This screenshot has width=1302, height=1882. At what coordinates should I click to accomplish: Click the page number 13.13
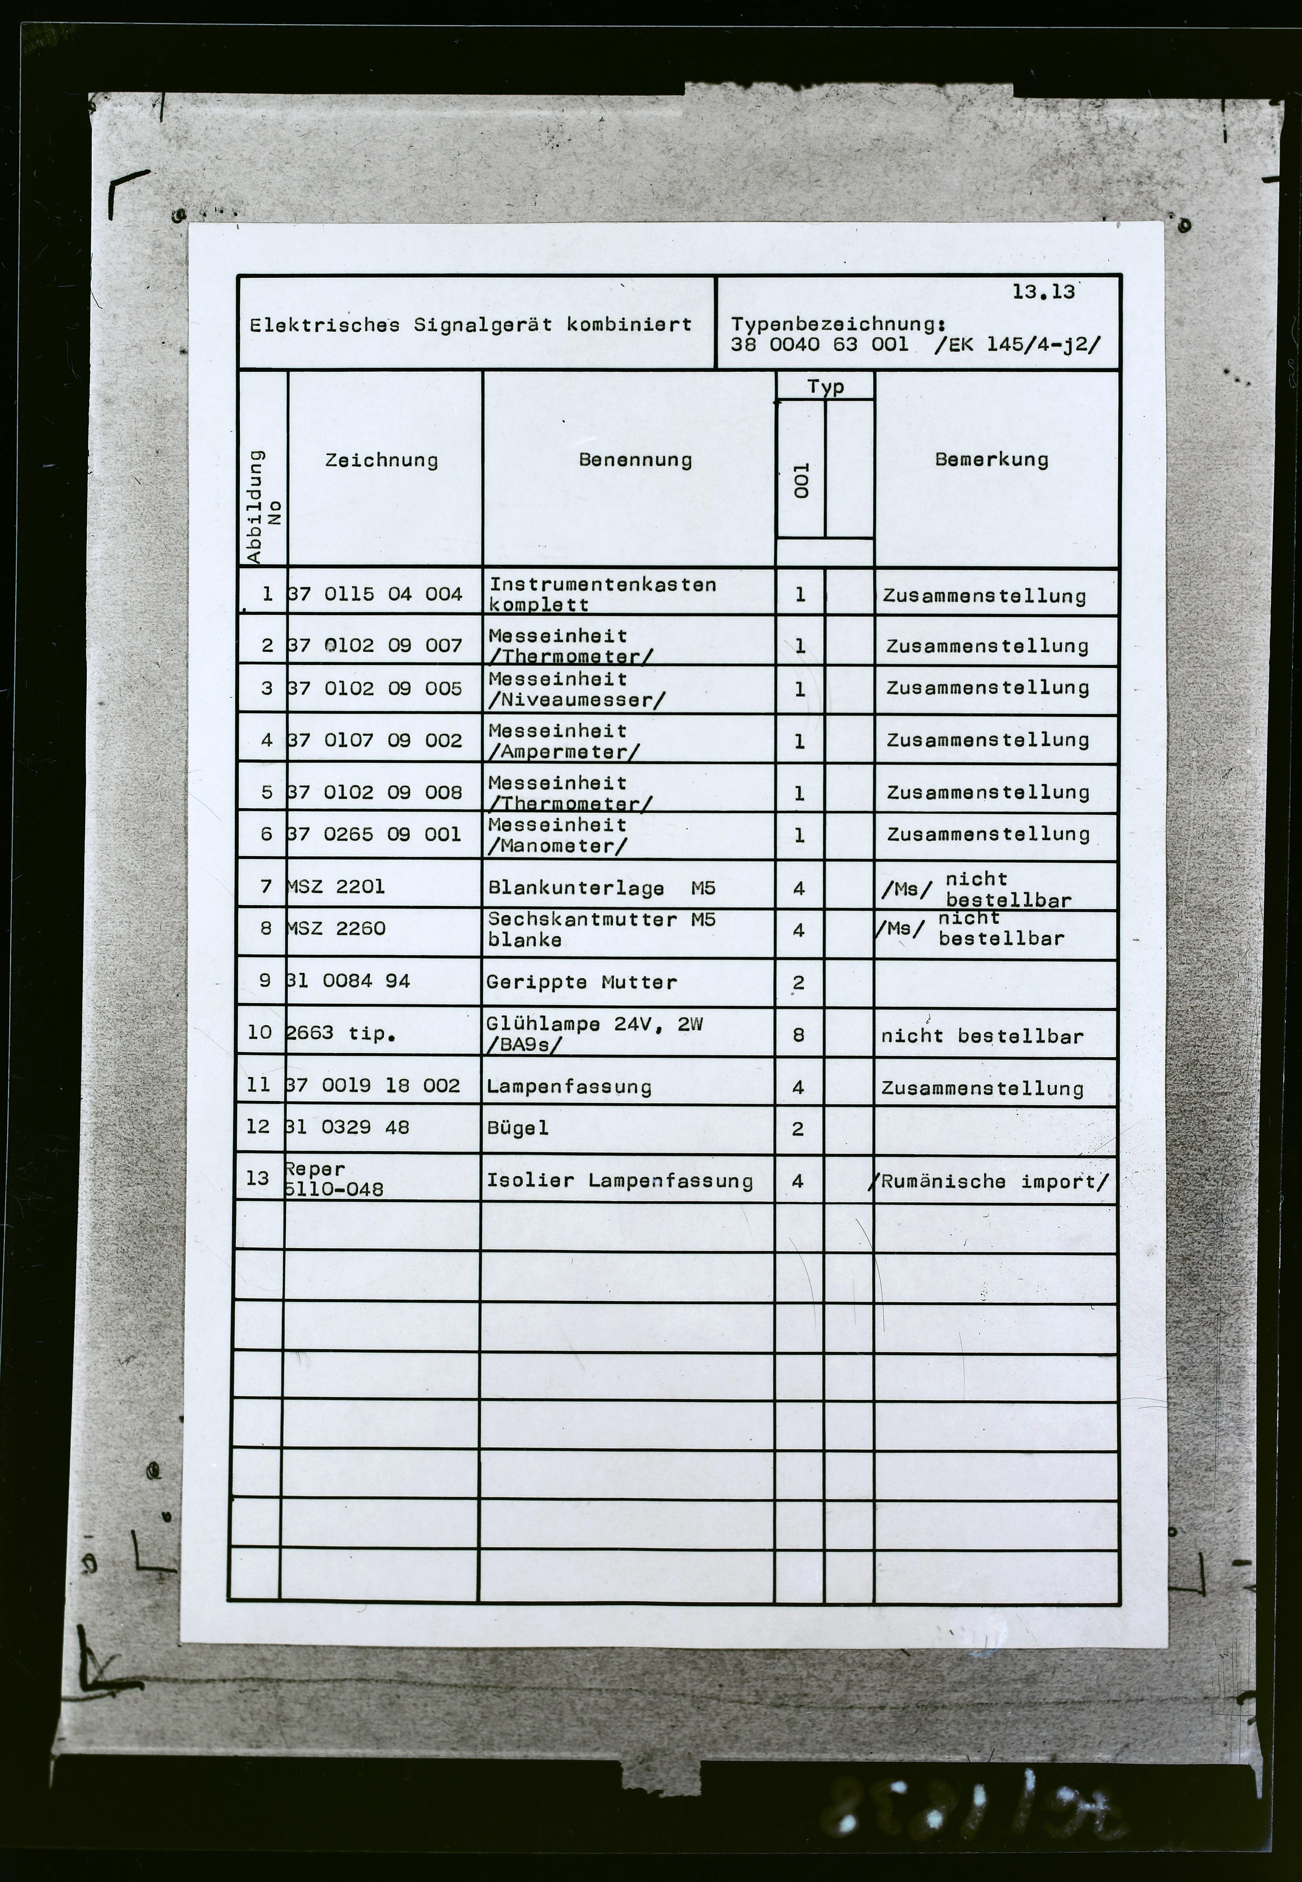1043,292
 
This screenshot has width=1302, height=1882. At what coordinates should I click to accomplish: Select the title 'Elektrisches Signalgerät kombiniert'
471,325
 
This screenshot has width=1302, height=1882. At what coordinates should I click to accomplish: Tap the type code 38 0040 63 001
819,344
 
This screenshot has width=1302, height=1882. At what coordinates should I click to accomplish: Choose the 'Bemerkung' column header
991,459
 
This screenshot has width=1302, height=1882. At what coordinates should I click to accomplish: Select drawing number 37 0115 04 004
375,594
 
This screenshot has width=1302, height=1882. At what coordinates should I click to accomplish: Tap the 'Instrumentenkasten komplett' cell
602,594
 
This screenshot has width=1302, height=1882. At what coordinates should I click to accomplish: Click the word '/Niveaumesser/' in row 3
576,700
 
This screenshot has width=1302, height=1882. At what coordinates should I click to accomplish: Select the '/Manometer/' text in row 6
557,846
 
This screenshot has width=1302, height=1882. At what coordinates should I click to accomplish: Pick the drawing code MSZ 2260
336,928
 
